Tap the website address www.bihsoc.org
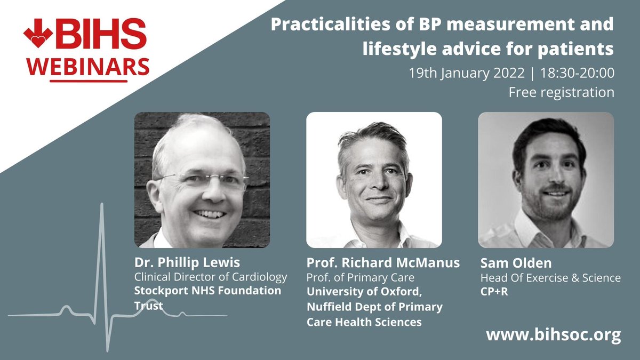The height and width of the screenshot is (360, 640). coord(554,335)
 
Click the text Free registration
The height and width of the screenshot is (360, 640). coord(561,92)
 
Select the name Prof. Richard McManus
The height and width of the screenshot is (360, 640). coord(383,263)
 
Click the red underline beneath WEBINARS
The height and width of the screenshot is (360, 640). coord(89,81)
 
